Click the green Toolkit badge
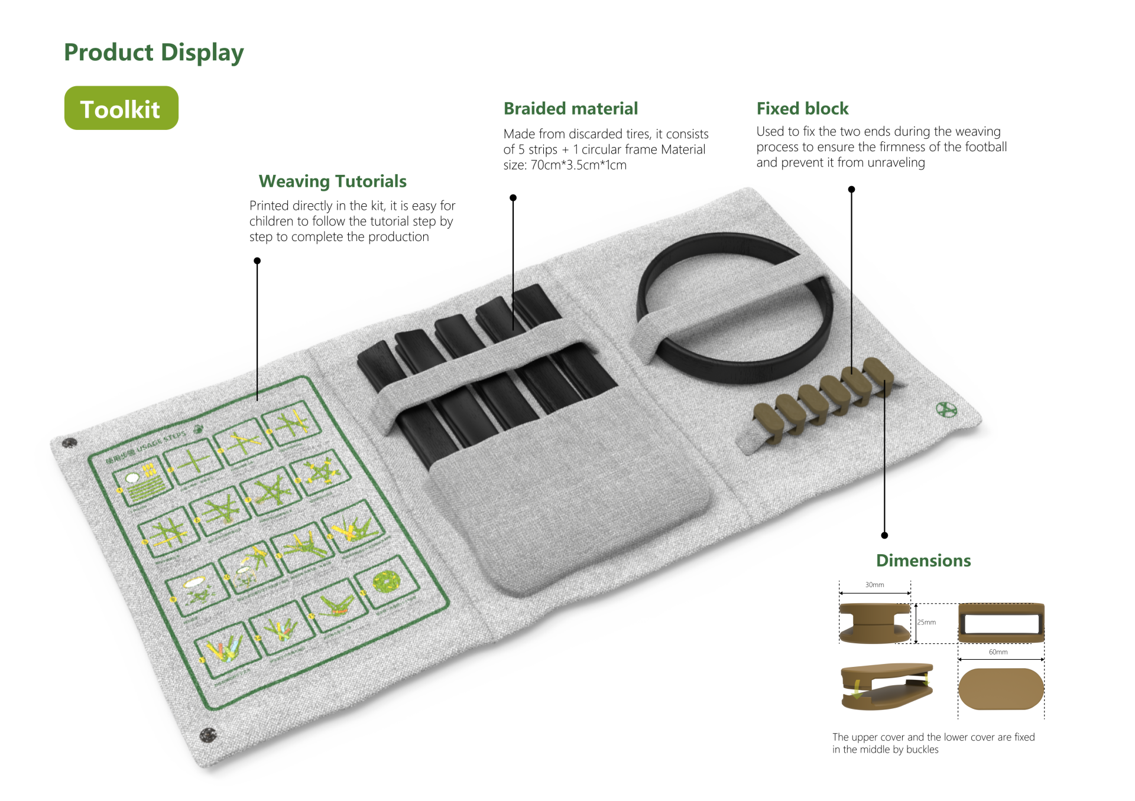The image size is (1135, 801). (x=121, y=108)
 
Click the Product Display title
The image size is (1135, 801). (x=154, y=53)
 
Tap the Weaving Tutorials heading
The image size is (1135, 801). (x=332, y=181)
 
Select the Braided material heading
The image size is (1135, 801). (x=570, y=109)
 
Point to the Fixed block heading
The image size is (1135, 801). (x=802, y=109)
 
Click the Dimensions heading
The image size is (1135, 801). (x=923, y=561)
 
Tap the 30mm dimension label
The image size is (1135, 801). (x=874, y=585)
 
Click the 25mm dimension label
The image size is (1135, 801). (x=926, y=622)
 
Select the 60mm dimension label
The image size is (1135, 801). (x=998, y=652)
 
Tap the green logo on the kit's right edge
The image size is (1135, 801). (x=946, y=409)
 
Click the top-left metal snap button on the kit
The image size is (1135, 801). (x=69, y=442)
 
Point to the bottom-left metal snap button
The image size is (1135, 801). (x=208, y=735)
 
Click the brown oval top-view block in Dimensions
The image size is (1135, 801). (x=1001, y=689)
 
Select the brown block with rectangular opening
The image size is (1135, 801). (x=1001, y=623)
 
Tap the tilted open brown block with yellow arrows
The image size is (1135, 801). (x=886, y=686)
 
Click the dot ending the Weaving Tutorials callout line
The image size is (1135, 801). (x=257, y=261)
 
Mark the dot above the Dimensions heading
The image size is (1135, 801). (x=884, y=535)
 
